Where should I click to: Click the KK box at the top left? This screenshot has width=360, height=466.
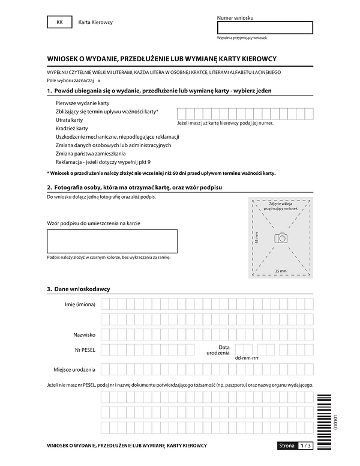(59, 22)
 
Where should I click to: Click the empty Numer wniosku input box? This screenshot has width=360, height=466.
(265, 28)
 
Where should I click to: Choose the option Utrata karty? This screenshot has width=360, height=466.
(69, 120)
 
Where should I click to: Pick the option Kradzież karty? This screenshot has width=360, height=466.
(71, 129)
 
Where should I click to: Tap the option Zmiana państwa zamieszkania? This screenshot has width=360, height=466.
(91, 154)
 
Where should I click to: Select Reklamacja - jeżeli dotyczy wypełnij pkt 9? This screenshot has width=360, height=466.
(103, 162)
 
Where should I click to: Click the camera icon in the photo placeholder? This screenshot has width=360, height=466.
(281, 238)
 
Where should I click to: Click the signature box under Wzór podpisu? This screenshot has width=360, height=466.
(112, 241)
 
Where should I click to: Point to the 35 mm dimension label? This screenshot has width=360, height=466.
(280, 271)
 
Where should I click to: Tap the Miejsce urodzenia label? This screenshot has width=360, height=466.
(74, 368)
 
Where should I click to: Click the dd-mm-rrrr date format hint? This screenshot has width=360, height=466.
(247, 357)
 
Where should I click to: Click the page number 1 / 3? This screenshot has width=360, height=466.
(305, 446)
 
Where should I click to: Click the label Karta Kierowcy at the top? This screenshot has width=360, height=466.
(95, 22)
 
